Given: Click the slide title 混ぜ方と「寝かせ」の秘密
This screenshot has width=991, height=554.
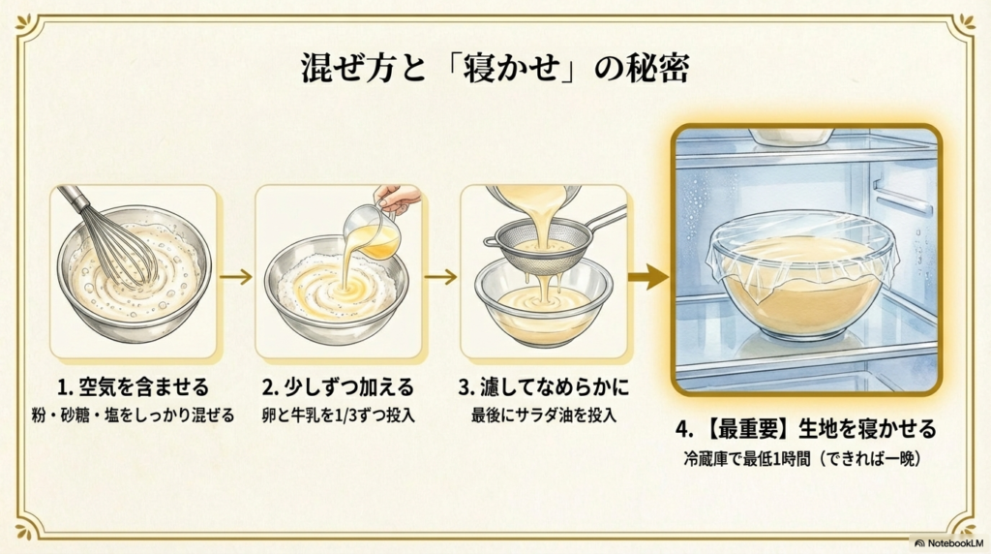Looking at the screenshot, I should [x=495, y=72].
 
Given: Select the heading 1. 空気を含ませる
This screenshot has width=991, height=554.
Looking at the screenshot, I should [x=133, y=388].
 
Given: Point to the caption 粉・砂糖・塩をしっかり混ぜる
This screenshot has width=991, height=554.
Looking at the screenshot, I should [x=133, y=416].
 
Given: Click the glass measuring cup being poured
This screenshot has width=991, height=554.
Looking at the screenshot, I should [x=375, y=232].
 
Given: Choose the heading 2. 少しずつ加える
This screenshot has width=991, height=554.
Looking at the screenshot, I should [x=338, y=388].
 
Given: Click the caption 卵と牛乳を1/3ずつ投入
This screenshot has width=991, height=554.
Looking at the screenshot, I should [x=338, y=416].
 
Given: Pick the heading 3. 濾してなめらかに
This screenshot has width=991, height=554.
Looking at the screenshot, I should [x=543, y=388].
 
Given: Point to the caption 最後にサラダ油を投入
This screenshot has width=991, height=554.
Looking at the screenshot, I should [x=543, y=416].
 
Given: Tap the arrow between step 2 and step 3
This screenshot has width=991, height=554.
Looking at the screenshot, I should [x=441, y=277].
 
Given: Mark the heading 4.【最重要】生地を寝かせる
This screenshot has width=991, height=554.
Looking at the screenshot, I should [x=806, y=427].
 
